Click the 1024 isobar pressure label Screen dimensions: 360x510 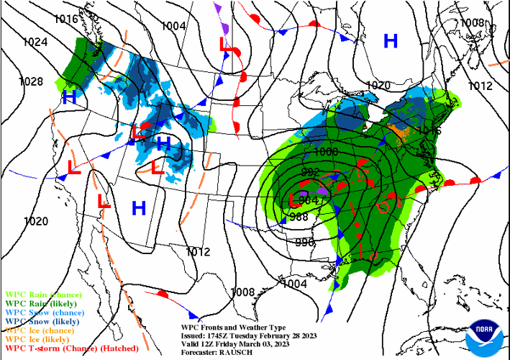point(35,42)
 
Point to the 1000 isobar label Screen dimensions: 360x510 point(325,152)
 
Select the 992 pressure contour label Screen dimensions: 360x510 point(310,172)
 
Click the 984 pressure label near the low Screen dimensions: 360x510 point(309,199)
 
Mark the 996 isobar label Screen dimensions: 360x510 point(305,243)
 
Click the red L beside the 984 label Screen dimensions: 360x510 point(292,199)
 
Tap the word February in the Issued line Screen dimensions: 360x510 point(278,334)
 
